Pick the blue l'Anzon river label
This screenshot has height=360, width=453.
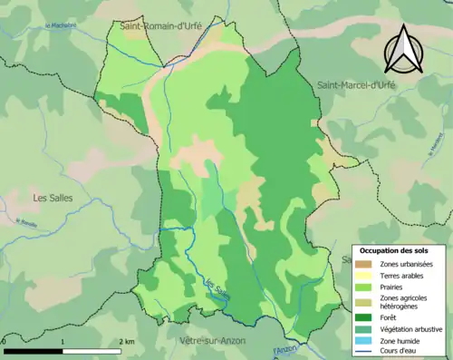click(284, 350)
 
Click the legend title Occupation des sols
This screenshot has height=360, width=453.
click(393, 249)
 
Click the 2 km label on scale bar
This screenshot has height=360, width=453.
click(127, 341)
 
